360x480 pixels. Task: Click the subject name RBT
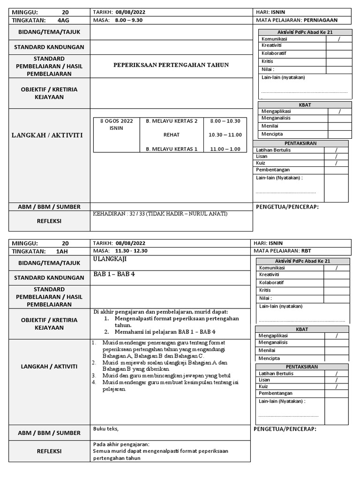click(x=307, y=251)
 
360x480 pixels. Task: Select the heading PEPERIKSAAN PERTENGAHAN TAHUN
click(x=171, y=65)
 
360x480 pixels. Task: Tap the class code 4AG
click(x=63, y=20)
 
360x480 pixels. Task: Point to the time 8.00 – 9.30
click(x=129, y=20)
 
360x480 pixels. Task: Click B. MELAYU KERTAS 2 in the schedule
click(x=172, y=121)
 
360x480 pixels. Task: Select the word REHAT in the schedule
click(x=172, y=135)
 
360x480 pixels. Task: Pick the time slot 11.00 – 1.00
click(x=225, y=149)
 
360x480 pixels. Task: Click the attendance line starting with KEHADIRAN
click(x=160, y=214)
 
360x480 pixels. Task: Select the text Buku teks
click(x=106, y=428)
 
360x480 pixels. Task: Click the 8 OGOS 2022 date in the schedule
click(x=117, y=121)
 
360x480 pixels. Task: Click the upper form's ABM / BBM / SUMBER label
click(x=49, y=207)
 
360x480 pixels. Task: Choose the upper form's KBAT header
click(x=305, y=105)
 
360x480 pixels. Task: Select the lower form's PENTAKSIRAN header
click(x=301, y=366)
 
